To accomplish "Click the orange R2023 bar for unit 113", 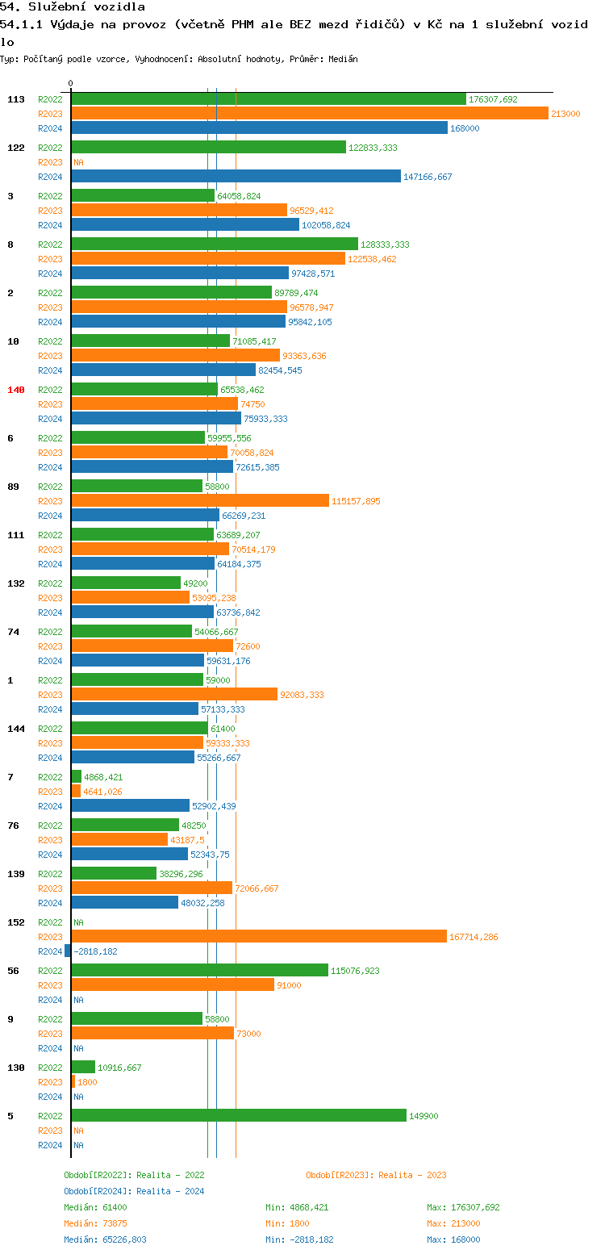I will coord(310,114).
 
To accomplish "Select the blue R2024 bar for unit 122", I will coord(236,177).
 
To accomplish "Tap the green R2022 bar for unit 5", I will coord(239,1116).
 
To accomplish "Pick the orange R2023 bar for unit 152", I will coord(259,937).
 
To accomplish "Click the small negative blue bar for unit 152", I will coord(68,951).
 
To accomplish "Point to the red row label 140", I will coord(16,390).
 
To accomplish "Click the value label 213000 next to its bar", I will coord(565,114).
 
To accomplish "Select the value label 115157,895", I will coord(356,501).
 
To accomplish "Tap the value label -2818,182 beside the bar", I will coord(95,951).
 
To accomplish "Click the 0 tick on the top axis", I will coord(71,83).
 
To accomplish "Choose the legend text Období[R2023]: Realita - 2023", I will coord(376,1175).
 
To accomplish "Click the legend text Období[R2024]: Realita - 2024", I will coord(134,1191).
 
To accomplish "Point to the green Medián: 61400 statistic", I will coord(95,1207).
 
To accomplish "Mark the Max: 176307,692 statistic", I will coord(463,1207).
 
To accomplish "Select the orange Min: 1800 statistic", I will coord(286,1223).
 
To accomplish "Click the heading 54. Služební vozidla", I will coord(73,7).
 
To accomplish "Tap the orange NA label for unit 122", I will coord(78,162).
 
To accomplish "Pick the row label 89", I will coord(13,487).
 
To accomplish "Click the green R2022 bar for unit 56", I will coord(200,971).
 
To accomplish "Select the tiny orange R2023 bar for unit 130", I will coord(73,1082).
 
